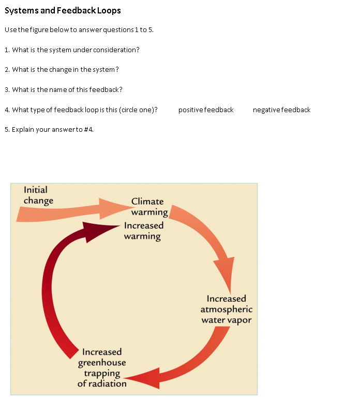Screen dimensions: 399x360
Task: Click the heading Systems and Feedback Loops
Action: click(63, 10)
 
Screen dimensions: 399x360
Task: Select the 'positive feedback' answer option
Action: click(206, 110)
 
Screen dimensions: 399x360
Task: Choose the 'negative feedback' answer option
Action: click(281, 110)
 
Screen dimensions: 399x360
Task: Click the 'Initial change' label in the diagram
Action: click(37, 195)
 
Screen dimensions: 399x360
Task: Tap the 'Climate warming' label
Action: click(149, 207)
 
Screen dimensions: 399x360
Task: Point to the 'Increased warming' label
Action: click(143, 231)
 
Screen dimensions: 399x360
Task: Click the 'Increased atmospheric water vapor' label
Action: click(227, 309)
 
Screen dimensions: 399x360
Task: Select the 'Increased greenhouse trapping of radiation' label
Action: click(102, 367)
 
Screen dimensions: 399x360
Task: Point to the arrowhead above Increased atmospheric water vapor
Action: click(225, 273)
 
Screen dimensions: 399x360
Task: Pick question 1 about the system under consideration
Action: click(72, 50)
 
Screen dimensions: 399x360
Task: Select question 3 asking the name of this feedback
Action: click(63, 89)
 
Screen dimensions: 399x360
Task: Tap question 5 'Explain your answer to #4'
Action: click(49, 129)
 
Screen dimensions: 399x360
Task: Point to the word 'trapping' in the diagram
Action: click(102, 373)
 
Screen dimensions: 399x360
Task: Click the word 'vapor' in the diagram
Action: click(239, 320)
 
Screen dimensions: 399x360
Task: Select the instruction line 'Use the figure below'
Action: click(79, 29)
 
